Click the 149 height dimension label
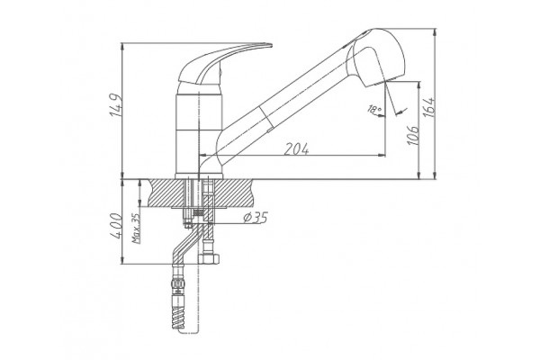tap(116, 105)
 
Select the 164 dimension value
tap(428, 107)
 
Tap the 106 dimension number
tap(413, 135)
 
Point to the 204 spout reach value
tap(296, 148)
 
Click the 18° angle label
tap(374, 110)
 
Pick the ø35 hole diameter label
tap(256, 218)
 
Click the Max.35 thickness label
tap(136, 229)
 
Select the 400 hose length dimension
tap(117, 226)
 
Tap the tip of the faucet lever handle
tap(272, 45)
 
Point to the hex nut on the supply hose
tap(209, 259)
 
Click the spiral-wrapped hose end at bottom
tap(178, 319)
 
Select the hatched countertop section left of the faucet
tap(166, 193)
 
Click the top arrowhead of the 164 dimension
tap(435, 32)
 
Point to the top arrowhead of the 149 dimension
tap(121, 47)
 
